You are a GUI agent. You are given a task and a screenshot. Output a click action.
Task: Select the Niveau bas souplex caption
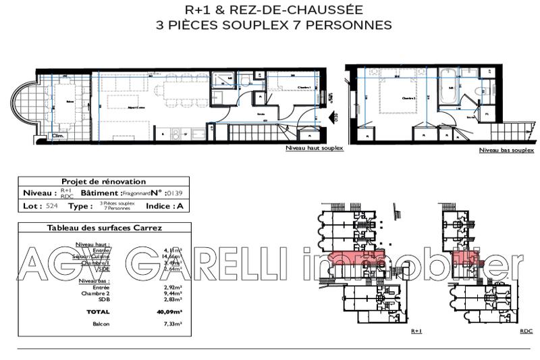pos(506,150)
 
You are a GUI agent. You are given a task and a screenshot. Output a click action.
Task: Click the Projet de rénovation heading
pos(94,182)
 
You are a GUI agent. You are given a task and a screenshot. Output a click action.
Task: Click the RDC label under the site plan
pos(526,332)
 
